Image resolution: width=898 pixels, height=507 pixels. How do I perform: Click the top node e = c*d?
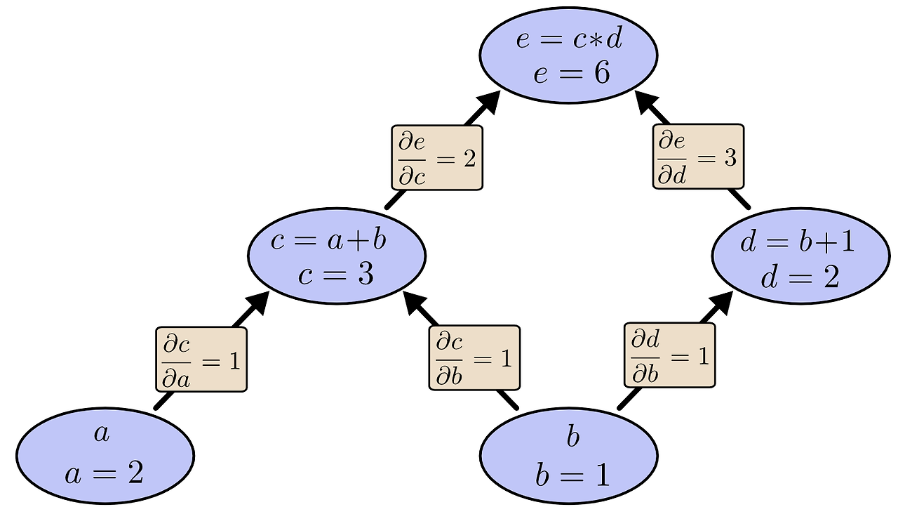[568, 56]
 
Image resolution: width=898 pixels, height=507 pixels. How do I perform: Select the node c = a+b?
[337, 258]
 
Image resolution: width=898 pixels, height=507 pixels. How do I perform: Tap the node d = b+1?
[800, 260]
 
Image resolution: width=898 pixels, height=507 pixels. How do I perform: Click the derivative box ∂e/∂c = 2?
[436, 158]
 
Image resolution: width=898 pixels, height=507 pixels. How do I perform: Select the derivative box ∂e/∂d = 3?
[697, 157]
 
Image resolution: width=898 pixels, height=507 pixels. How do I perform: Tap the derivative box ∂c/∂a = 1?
[201, 359]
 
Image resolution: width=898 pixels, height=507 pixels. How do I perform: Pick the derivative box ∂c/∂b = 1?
[474, 357]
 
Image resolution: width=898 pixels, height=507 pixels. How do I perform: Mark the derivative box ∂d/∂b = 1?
[669, 355]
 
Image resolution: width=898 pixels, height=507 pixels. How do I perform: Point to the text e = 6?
[571, 73]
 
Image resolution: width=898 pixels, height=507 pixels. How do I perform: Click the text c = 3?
[336, 275]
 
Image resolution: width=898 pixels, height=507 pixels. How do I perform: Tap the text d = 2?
[800, 277]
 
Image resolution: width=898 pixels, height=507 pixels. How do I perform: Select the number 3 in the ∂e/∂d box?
[730, 158]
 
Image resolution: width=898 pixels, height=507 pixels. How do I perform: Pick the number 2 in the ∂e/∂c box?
[469, 159]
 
